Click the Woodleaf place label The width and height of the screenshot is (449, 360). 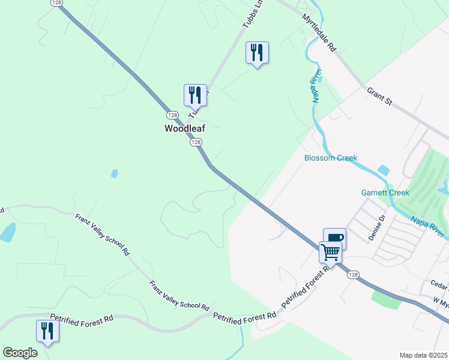185,128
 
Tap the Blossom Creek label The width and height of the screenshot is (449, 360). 331,158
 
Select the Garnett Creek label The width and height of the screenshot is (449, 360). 385,193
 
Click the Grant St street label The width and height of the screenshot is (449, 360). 379,96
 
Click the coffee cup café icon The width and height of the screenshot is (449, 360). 334,238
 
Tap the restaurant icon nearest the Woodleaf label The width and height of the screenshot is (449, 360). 195,95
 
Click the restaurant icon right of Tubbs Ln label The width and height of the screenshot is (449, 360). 257,52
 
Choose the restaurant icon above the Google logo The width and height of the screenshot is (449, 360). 47,331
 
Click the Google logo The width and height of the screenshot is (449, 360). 20,353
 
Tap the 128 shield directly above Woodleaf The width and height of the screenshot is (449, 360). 172,115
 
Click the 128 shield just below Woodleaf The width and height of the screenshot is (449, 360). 196,142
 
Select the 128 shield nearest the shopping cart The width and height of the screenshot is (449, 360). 354,274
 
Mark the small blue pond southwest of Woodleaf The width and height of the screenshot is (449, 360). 114,174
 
